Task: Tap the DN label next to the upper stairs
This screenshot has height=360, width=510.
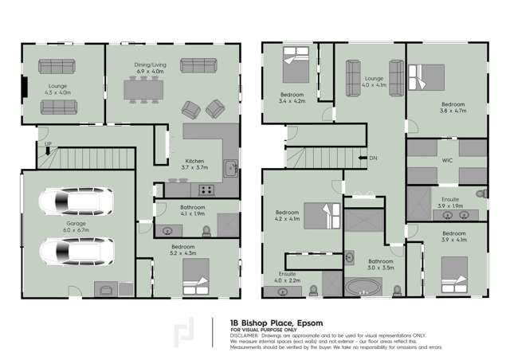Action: [x=374, y=158]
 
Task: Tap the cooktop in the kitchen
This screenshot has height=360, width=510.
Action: [x=206, y=190]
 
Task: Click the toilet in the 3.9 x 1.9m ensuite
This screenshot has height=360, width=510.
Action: [x=481, y=194]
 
